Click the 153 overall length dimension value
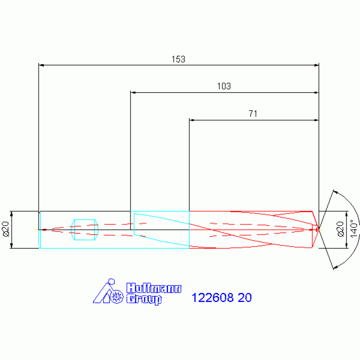[178, 59]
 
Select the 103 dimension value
[224, 86]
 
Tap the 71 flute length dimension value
[253, 114]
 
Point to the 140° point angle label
[354, 229]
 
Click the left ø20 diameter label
[6, 229]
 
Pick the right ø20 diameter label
[340, 229]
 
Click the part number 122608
[212, 298]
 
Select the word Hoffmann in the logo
[154, 288]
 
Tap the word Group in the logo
[144, 299]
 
